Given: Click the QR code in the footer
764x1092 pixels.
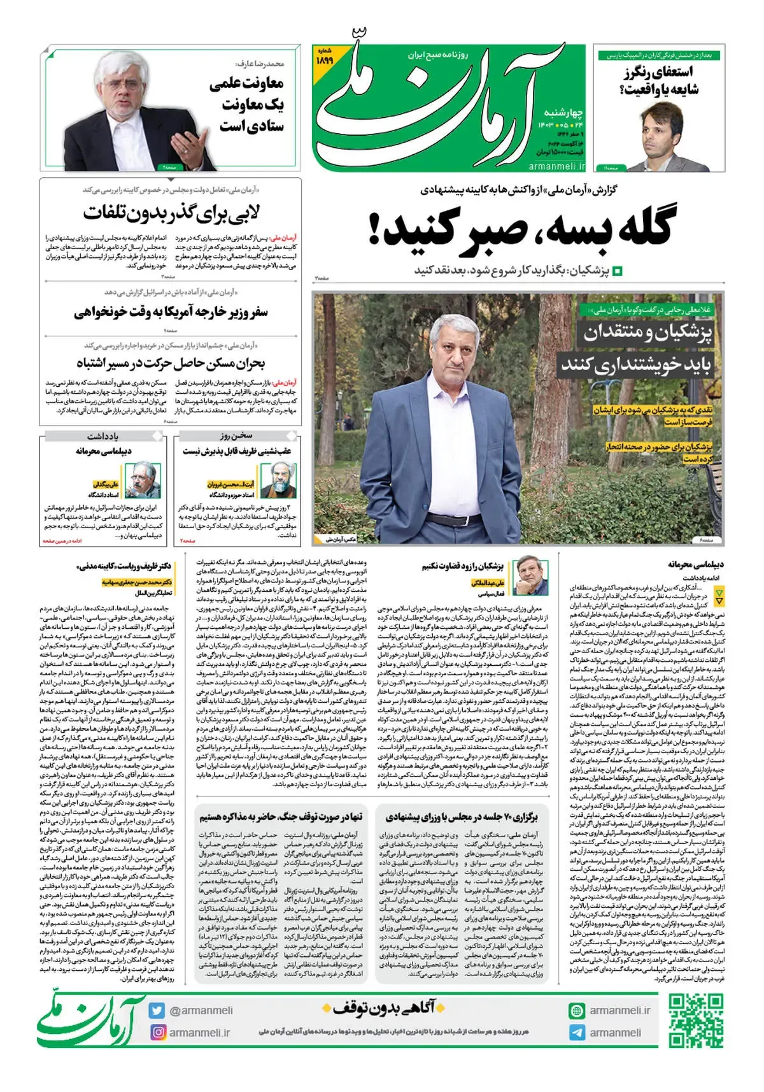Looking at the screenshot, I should pyautogui.click(x=696, y=1021).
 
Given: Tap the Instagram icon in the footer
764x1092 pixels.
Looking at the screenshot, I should pyautogui.click(x=157, y=1032).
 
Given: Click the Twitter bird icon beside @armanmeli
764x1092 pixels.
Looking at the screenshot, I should pyautogui.click(x=157, y=1010).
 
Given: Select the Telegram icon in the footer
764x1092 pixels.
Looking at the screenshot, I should pyautogui.click(x=577, y=1032).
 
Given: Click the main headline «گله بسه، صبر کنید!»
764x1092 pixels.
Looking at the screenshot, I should pyautogui.click(x=521, y=229).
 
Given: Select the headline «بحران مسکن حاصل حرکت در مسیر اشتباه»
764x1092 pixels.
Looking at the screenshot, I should pyautogui.click(x=171, y=364).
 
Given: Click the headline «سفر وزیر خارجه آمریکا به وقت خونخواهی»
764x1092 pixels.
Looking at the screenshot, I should pyautogui.click(x=171, y=312).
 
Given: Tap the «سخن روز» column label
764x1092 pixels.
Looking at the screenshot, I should pyautogui.click(x=236, y=436).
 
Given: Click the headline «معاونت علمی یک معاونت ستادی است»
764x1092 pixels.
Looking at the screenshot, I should pyautogui.click(x=248, y=104).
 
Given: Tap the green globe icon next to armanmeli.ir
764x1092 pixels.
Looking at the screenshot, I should pyautogui.click(x=577, y=1010).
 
